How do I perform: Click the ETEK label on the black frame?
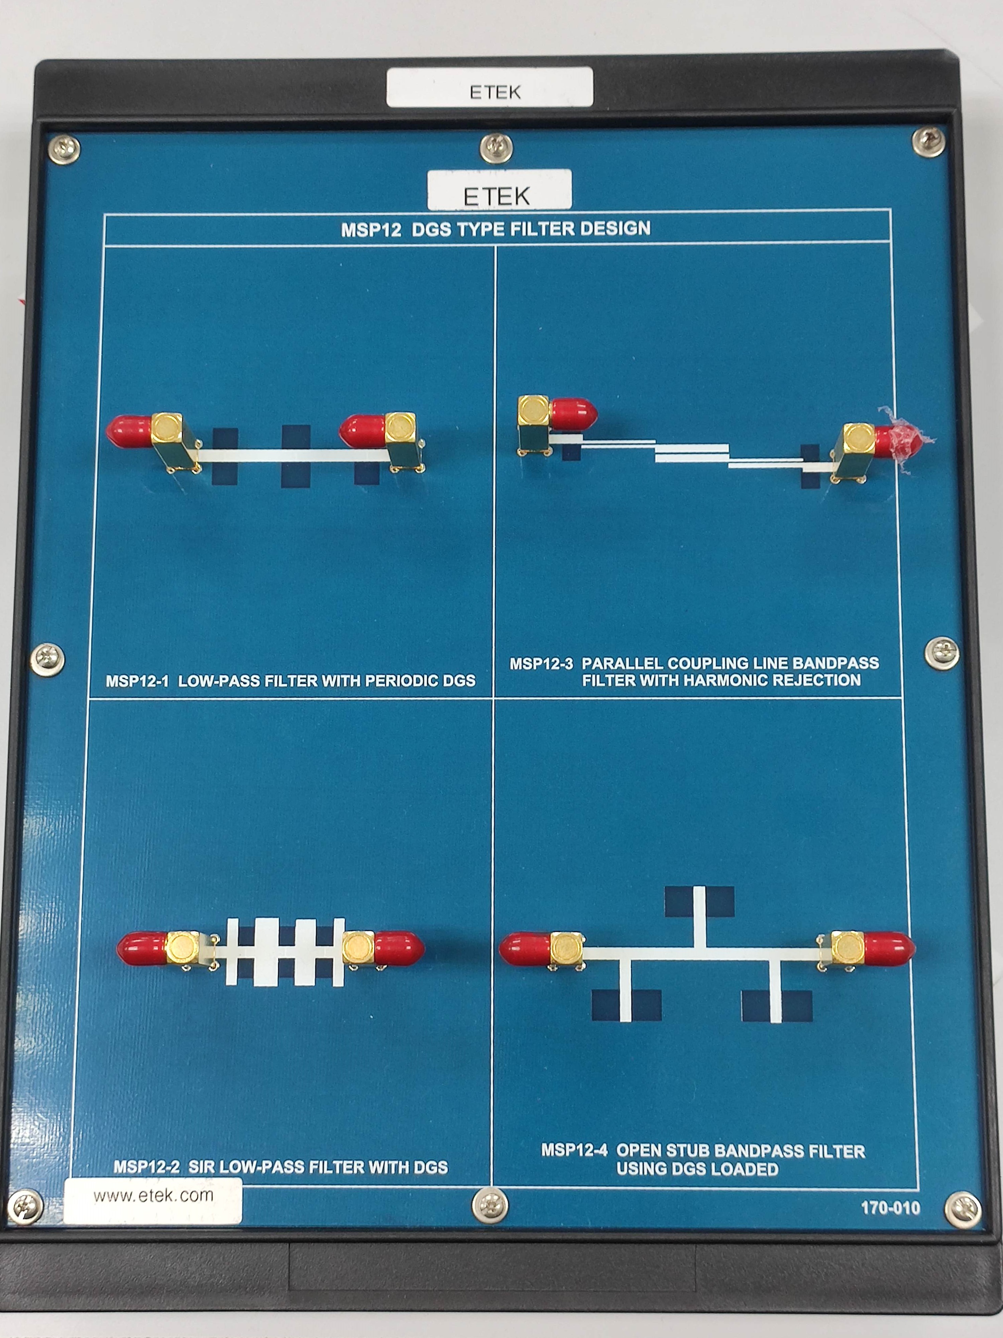click(x=490, y=87)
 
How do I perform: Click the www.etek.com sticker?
click(x=153, y=1201)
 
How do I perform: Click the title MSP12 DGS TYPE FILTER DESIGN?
click(x=496, y=229)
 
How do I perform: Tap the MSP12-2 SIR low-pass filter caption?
click(x=281, y=1167)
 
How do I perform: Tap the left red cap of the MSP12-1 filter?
click(x=129, y=431)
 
